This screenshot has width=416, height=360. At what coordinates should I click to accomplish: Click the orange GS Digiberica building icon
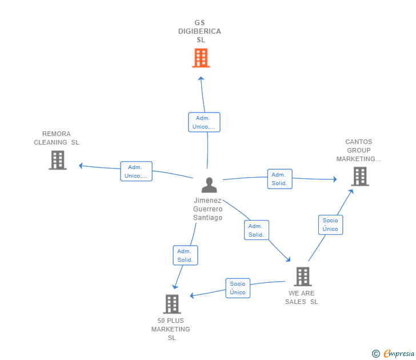(201, 58)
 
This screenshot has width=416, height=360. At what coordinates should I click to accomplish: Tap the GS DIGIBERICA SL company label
(200, 31)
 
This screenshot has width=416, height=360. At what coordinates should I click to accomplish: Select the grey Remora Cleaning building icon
(57, 160)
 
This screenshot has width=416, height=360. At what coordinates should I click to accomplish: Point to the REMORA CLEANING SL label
(57, 138)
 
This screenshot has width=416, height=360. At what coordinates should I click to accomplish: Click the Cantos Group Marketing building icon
(360, 176)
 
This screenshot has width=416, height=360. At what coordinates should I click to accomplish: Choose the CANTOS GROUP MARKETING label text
(358, 150)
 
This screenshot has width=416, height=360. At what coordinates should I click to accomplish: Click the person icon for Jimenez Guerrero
(209, 185)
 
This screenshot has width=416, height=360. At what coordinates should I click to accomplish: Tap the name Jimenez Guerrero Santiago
(208, 209)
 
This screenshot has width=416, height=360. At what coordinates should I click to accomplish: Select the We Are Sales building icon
(302, 277)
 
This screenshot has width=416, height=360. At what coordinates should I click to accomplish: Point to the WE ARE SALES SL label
(302, 298)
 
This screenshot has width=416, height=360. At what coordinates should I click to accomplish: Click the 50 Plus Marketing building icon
(171, 304)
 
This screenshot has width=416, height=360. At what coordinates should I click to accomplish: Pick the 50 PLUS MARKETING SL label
(171, 329)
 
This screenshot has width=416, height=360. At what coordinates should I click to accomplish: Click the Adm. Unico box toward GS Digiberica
(204, 122)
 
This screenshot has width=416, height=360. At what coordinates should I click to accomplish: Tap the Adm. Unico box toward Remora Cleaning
(136, 171)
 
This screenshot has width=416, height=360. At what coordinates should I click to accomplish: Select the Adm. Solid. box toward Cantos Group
(279, 179)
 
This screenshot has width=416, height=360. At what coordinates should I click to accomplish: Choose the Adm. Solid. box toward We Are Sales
(256, 230)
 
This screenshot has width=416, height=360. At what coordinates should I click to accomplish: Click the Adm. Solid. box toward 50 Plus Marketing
(185, 255)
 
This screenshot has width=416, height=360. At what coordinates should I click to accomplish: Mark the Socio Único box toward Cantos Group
(330, 225)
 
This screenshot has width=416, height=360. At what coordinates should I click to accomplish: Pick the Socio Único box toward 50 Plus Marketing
(238, 288)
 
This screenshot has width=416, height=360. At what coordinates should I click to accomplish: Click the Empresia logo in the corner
(394, 353)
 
